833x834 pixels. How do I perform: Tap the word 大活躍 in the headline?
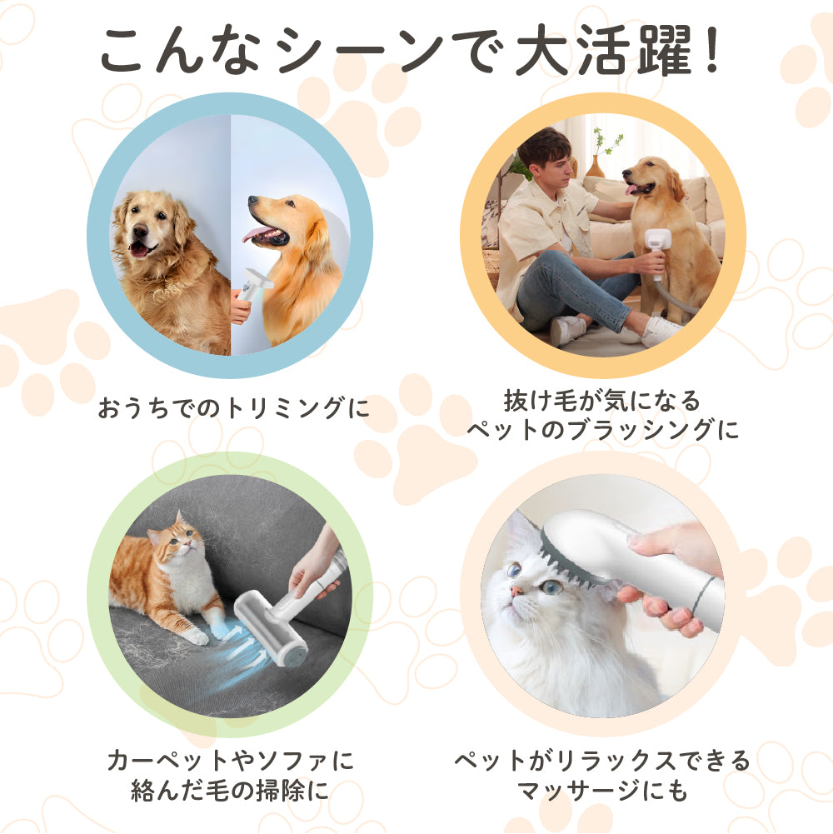605,52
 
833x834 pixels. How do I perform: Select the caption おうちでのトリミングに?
233,408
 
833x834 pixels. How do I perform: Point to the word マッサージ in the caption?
578,789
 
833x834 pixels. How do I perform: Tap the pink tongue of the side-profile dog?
257,234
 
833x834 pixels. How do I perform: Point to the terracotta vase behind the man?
595,167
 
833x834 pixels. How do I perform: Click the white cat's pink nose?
516,591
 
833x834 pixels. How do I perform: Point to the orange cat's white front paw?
195,636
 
